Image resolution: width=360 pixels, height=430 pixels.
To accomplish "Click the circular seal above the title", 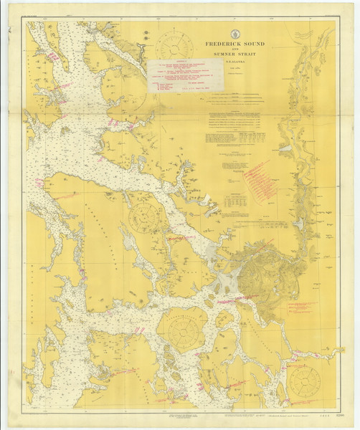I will pyautogui.click(x=235, y=33).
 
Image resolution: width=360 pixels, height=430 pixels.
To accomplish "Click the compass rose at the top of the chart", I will pyautogui.click(x=174, y=44).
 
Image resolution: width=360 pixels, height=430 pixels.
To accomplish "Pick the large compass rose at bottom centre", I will pyautogui.click(x=182, y=330).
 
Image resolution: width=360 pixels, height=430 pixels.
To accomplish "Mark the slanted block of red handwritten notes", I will pyautogui.click(x=257, y=178).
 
